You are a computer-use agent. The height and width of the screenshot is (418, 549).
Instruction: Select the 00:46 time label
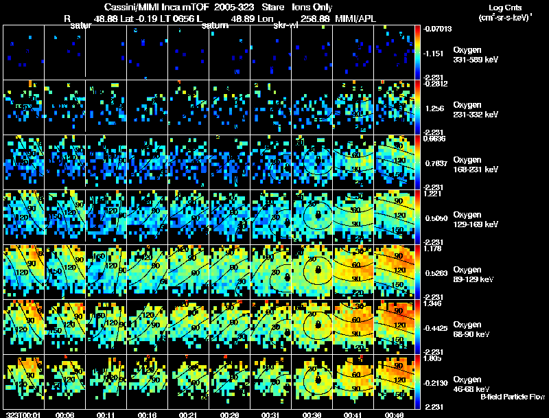click(x=393, y=415)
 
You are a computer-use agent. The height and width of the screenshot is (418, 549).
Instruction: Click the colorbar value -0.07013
click(x=437, y=30)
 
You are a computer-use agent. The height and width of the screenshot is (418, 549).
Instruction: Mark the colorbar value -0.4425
click(x=436, y=327)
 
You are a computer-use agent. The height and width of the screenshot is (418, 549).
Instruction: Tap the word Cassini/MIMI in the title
click(x=133, y=7)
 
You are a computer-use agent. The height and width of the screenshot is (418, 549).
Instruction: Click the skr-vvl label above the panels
click(x=285, y=26)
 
